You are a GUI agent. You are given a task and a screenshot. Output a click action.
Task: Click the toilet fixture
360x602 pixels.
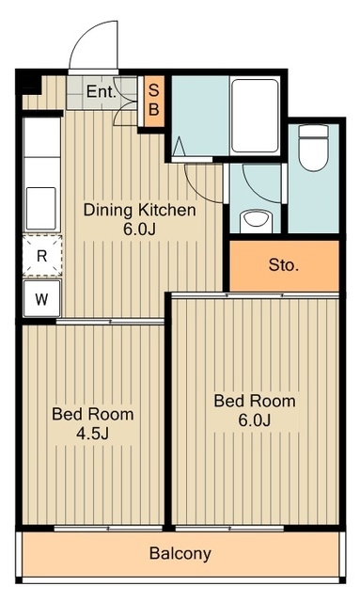(x=314, y=148)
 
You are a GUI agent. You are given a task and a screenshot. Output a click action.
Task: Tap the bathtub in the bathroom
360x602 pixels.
(x=256, y=116)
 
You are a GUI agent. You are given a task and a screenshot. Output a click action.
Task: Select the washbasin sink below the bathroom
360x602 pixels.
(x=256, y=220)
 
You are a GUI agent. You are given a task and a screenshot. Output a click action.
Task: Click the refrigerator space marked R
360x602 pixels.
(x=42, y=256)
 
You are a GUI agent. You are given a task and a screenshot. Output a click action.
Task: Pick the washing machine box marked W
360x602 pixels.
(x=42, y=299)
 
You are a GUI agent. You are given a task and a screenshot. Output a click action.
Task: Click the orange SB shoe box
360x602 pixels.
(x=154, y=101)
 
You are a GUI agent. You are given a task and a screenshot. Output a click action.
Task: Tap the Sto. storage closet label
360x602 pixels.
(x=284, y=265)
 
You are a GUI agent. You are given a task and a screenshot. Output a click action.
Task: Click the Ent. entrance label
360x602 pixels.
(x=101, y=91)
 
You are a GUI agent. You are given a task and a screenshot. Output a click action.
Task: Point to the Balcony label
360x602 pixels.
(x=180, y=554)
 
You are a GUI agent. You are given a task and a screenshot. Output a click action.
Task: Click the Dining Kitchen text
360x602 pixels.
(x=139, y=210)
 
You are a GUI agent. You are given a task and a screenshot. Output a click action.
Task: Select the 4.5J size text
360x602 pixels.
(x=92, y=434)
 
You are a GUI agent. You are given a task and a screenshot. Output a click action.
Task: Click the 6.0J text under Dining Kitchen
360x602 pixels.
(x=139, y=229)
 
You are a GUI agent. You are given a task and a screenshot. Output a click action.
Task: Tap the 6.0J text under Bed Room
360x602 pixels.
(x=255, y=420)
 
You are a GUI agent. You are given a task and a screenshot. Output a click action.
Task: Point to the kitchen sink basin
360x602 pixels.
(x=41, y=208)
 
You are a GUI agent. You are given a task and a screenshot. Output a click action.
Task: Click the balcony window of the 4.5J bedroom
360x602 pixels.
(x=108, y=529)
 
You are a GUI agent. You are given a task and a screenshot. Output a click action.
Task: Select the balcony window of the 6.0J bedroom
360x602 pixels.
(x=229, y=529)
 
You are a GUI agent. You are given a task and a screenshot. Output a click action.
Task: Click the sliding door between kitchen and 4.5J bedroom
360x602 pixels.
(x=110, y=322)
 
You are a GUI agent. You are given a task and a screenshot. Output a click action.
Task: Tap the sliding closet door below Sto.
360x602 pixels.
(x=256, y=295)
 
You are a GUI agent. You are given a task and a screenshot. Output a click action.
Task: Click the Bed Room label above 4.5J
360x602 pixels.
(x=93, y=414)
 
